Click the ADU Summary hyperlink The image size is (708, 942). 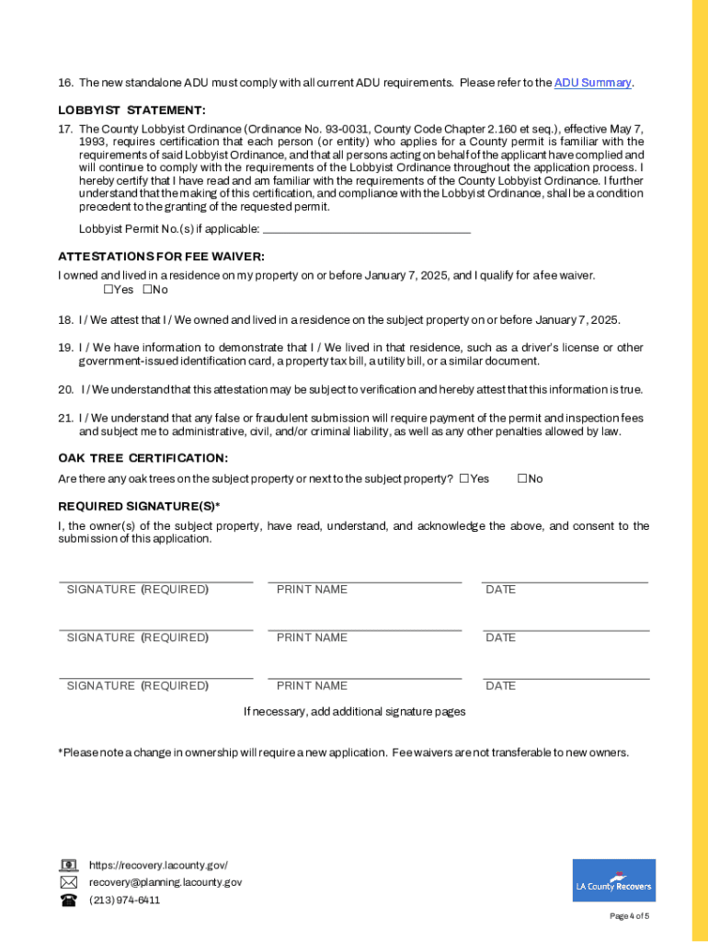pyautogui.click(x=593, y=83)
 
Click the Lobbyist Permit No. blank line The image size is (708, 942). pyautogui.click(x=366, y=228)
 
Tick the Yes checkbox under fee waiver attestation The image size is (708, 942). pyautogui.click(x=108, y=290)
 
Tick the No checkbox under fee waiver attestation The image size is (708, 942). pyautogui.click(x=147, y=290)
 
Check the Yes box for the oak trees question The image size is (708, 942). pyautogui.click(x=464, y=478)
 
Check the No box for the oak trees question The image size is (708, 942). pyautogui.click(x=522, y=478)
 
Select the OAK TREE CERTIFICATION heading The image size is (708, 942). pyautogui.click(x=143, y=458)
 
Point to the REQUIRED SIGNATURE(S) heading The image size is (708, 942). pyautogui.click(x=139, y=506)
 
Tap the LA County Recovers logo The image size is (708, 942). pyautogui.click(x=614, y=880)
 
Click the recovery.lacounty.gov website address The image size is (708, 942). pyautogui.click(x=158, y=866)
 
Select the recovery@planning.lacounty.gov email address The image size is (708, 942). pyautogui.click(x=166, y=882)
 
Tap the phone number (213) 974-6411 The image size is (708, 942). pyautogui.click(x=124, y=900)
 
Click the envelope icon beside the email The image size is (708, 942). pyautogui.click(x=69, y=882)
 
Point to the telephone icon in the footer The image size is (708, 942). pyautogui.click(x=69, y=900)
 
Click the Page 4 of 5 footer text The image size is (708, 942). pyautogui.click(x=630, y=916)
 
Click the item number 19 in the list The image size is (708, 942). pyautogui.click(x=65, y=348)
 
